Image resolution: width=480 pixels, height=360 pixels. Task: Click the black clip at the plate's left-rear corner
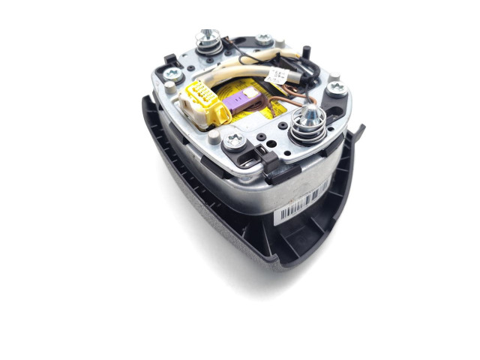pyautogui.click(x=170, y=58)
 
